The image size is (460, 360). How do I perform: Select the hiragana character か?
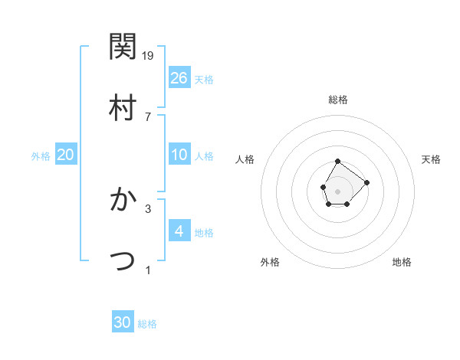123,199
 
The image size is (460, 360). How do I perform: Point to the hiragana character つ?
123,260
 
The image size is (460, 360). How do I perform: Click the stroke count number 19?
149,55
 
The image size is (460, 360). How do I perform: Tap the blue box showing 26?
179,77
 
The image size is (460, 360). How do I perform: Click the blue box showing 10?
179,155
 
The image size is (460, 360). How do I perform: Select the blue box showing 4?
179,231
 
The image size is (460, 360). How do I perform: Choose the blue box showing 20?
66,155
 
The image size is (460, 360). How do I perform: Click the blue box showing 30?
123,322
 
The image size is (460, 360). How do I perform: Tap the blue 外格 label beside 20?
41,155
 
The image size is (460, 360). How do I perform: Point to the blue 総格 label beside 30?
147,324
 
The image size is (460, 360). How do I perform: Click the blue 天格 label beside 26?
204,79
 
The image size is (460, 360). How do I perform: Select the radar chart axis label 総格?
338,100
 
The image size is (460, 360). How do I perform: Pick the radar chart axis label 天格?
432,159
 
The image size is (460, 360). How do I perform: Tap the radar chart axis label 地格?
402,262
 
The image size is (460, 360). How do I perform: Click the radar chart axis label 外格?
270,262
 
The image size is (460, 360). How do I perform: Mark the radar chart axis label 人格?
245,159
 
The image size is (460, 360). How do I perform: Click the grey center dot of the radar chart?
337,190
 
